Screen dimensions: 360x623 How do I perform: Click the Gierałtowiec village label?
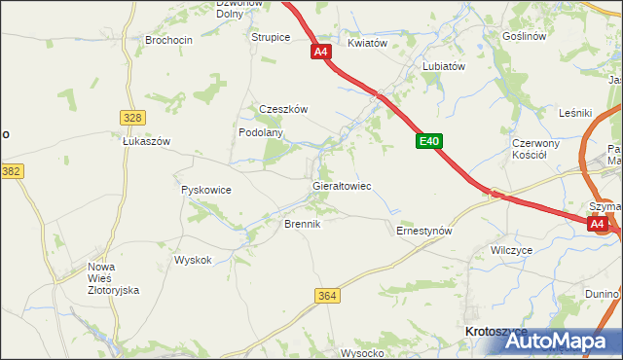tap(341, 185)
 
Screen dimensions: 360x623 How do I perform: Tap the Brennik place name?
tap(302, 224)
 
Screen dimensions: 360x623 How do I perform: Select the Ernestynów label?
tap(424, 232)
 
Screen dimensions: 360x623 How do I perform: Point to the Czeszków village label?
tap(283, 110)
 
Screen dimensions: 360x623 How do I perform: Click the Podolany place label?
tap(261, 132)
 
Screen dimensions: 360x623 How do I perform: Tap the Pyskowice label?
tap(206, 191)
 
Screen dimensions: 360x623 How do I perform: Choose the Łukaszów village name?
tap(147, 141)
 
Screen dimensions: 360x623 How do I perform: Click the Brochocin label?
tap(169, 40)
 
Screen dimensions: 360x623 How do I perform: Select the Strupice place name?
tap(271, 38)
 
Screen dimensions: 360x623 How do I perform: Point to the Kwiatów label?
tap(368, 44)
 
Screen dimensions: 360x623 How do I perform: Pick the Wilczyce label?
tap(512, 250)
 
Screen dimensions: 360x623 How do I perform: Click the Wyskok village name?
tap(193, 260)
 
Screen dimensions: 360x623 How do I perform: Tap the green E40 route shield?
tap(429, 142)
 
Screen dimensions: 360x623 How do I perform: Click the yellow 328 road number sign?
tap(133, 117)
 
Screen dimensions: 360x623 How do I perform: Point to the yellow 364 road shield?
tap(327, 295)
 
